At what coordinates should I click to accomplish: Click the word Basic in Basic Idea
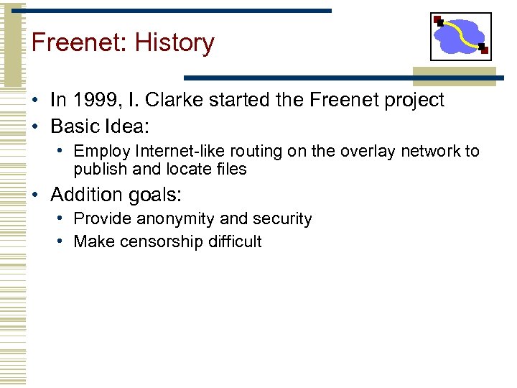[75, 126]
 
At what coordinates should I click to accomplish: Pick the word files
[230, 170]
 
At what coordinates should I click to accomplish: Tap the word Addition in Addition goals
[85, 194]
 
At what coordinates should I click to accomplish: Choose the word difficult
[234, 242]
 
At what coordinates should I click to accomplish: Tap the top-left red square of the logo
[438, 20]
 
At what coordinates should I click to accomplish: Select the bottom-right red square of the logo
[484, 50]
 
